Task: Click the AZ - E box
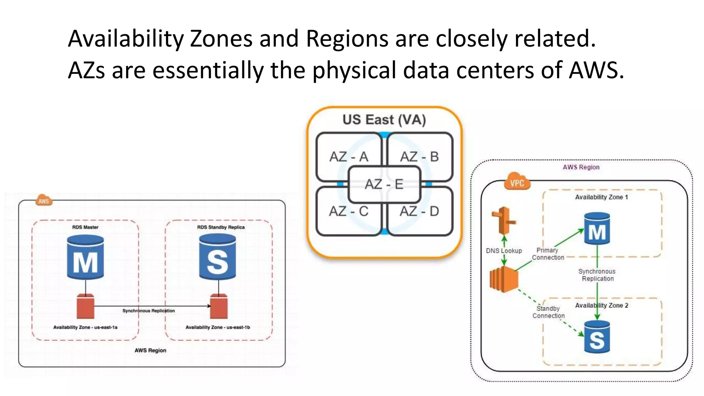click(384, 184)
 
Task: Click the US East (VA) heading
click(384, 120)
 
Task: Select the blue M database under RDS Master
click(85, 257)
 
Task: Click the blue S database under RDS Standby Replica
click(218, 257)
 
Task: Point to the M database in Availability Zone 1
click(597, 229)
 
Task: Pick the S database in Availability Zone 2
click(597, 337)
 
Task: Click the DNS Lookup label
click(504, 251)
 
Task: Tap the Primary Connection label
click(548, 254)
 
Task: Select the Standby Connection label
click(549, 312)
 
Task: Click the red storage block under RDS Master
click(85, 306)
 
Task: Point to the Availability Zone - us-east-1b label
click(218, 327)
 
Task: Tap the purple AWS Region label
click(581, 167)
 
